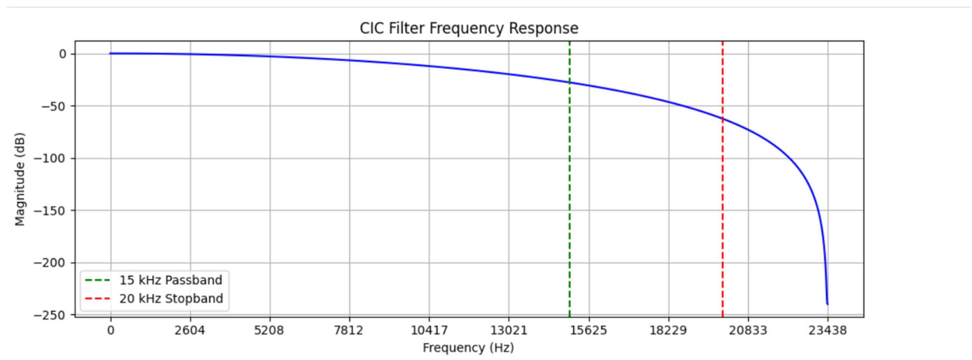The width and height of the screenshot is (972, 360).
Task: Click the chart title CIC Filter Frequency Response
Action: pyautogui.click(x=469, y=28)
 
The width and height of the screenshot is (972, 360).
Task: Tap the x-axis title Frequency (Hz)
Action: pyautogui.click(x=468, y=347)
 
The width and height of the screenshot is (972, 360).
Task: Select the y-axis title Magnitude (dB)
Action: pyautogui.click(x=19, y=179)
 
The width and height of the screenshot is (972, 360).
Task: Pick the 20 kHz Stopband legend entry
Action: pyautogui.click(x=171, y=299)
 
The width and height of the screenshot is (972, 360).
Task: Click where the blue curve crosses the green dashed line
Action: pyautogui.click(x=569, y=83)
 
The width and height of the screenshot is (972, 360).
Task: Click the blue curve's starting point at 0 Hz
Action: pyautogui.click(x=110, y=53)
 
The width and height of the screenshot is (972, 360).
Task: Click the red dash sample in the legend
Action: pyautogui.click(x=97, y=299)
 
